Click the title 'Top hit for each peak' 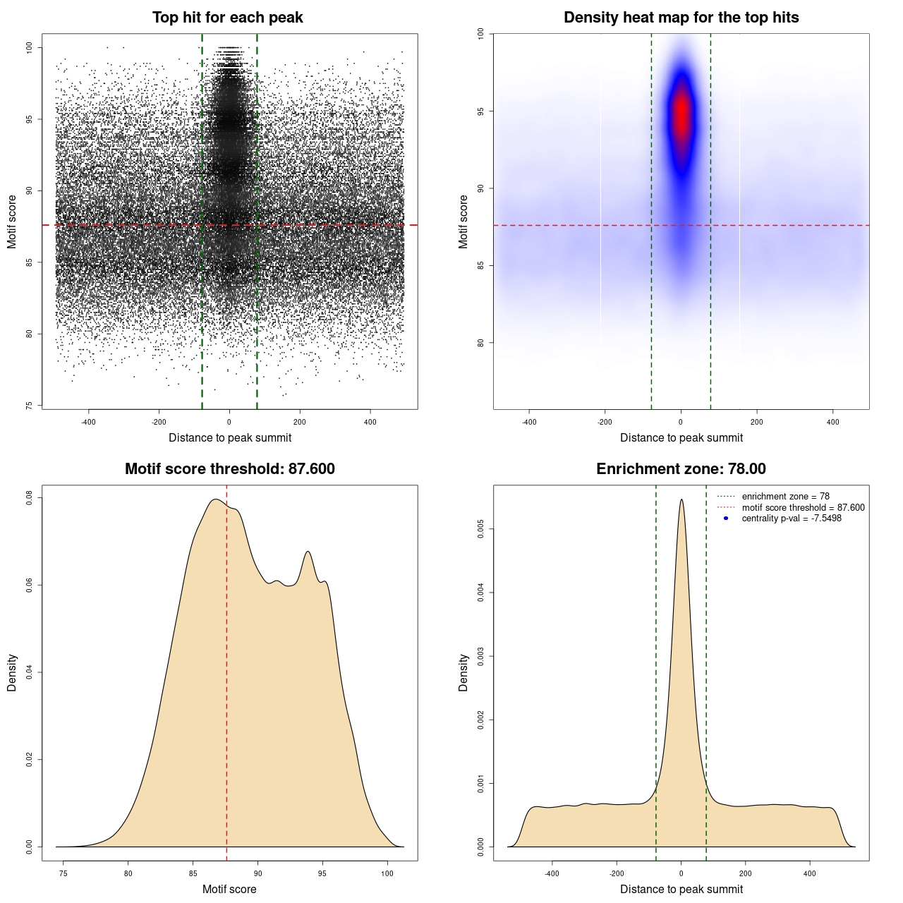pyautogui.click(x=227, y=18)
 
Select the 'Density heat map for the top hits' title pyautogui.click(x=681, y=18)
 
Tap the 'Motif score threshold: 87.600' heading pyautogui.click(x=229, y=469)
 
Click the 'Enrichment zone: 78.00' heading pyautogui.click(x=681, y=469)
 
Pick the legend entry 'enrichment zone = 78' pyautogui.click(x=785, y=497)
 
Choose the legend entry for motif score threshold pyautogui.click(x=803, y=508)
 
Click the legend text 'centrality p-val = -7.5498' pyautogui.click(x=792, y=519)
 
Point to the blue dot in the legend pyautogui.click(x=726, y=519)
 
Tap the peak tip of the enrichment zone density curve pyautogui.click(x=681, y=500)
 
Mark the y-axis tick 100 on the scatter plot pyautogui.click(x=30, y=47)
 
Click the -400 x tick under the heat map pyautogui.click(x=529, y=422)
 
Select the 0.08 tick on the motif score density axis pyautogui.click(x=30, y=498)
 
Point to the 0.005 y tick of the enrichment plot pyautogui.click(x=481, y=529)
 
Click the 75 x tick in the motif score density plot pyautogui.click(x=63, y=873)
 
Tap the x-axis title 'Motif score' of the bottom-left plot pyautogui.click(x=229, y=889)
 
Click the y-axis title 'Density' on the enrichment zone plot pyautogui.click(x=463, y=672)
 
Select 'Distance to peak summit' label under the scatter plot pyautogui.click(x=230, y=437)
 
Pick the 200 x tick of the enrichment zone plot pyautogui.click(x=746, y=873)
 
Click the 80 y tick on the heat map pyautogui.click(x=481, y=343)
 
